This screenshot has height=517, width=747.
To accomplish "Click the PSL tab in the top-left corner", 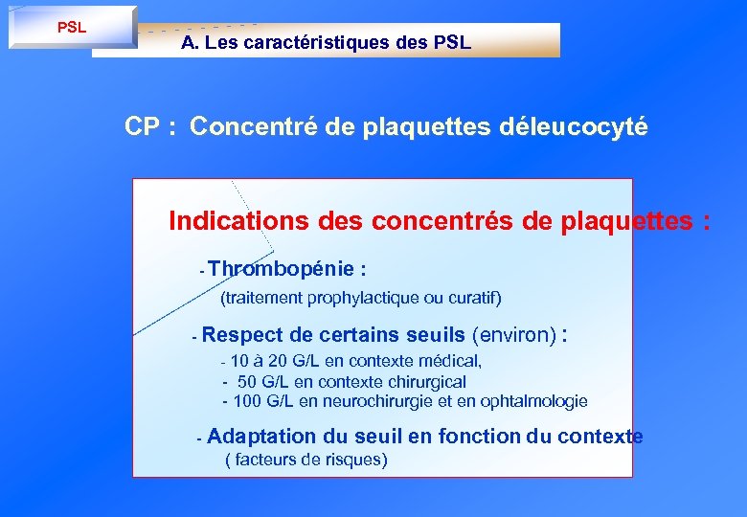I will [72, 27].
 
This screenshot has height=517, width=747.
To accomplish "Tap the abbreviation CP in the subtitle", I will [143, 127].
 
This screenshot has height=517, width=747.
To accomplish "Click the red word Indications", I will [226, 221].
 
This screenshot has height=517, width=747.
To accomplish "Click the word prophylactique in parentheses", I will [370, 299].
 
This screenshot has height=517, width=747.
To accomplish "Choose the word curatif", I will [474, 299].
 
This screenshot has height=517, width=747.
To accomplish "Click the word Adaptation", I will [260, 437].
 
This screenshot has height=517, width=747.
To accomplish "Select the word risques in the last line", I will [351, 461].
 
